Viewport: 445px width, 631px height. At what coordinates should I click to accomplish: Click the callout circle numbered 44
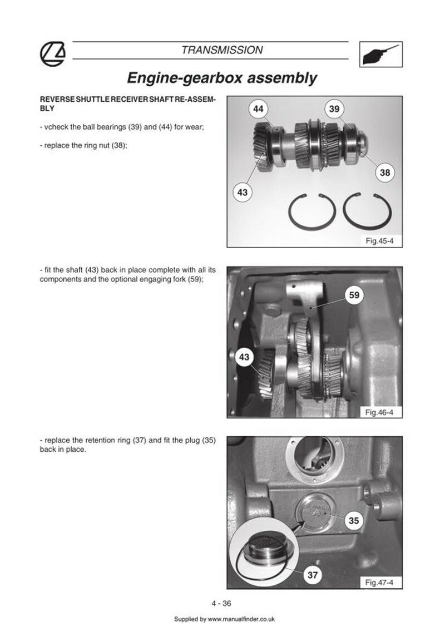(x=258, y=109)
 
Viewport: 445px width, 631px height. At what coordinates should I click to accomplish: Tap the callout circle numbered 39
(x=334, y=109)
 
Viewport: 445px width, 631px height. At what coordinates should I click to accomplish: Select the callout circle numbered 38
(x=385, y=172)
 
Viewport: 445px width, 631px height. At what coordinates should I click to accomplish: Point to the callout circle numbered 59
(x=354, y=295)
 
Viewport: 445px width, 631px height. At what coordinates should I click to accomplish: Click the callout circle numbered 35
(x=354, y=520)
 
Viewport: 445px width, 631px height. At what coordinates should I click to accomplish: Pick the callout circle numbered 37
(x=313, y=575)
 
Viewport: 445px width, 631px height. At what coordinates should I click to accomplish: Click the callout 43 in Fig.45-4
(x=242, y=192)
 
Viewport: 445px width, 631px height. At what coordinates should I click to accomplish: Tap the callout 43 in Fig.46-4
(x=244, y=357)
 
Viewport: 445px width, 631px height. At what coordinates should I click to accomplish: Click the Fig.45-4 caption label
(x=379, y=240)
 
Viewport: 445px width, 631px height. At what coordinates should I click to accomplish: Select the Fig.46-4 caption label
(x=379, y=412)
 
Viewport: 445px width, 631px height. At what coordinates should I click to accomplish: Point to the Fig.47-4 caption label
(x=379, y=582)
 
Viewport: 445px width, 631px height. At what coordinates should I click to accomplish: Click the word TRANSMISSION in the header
(x=222, y=50)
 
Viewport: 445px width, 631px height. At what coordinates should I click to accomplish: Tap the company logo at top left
(x=53, y=53)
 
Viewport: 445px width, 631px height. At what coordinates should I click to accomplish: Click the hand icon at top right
(x=380, y=54)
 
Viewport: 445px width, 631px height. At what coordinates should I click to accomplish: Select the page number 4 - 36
(x=222, y=603)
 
